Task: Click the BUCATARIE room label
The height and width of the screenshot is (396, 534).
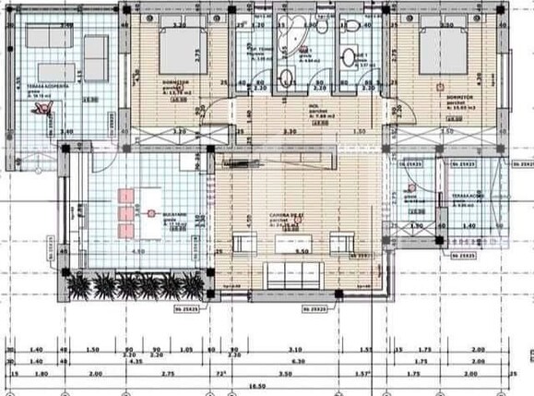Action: click(177, 214)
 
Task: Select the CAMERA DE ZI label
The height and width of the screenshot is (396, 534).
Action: click(282, 215)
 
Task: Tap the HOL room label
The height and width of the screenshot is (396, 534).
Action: click(314, 104)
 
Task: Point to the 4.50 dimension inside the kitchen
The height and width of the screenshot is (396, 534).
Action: click(139, 251)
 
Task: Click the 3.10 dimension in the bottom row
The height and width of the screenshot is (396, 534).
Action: click(294, 350)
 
